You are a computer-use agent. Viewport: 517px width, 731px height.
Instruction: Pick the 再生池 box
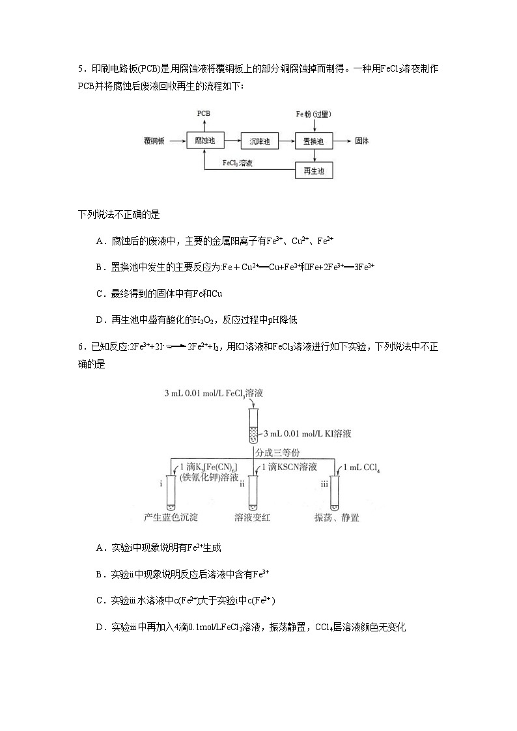coord(314,171)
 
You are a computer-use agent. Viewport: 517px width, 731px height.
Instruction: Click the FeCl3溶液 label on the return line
coord(238,163)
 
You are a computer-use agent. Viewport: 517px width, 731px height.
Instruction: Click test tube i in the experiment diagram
coord(171,493)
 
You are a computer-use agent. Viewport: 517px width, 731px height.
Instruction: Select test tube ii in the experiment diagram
coord(253,493)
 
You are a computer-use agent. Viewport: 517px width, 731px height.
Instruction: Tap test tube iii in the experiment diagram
coord(335,493)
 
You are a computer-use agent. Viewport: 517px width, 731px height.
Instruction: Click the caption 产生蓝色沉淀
coord(171,518)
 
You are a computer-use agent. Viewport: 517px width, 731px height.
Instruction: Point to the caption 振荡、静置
coord(337,518)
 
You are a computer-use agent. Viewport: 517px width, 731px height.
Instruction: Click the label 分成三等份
coord(278,453)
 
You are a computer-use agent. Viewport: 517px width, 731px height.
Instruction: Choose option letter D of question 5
coord(100,320)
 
